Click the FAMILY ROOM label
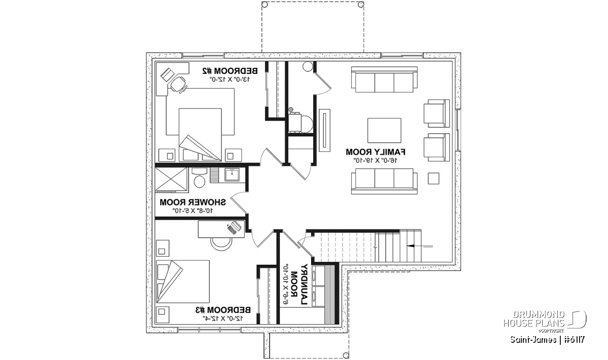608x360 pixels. tap(376, 151)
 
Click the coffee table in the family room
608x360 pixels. tap(384, 130)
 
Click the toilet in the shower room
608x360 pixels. tap(199, 180)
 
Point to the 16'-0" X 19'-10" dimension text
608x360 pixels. tap(376, 160)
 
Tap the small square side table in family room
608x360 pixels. tap(433, 178)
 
